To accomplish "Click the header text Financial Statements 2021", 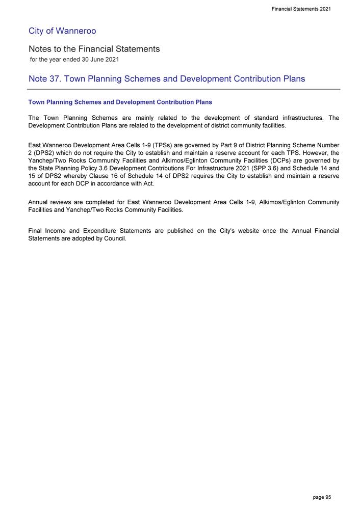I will point(301,9).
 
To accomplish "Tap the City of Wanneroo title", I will point(62,32).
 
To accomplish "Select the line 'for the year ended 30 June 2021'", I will point(74,59).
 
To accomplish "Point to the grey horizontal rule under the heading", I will point(184,90).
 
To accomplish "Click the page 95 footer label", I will point(322,497).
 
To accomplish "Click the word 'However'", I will point(313,152).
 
